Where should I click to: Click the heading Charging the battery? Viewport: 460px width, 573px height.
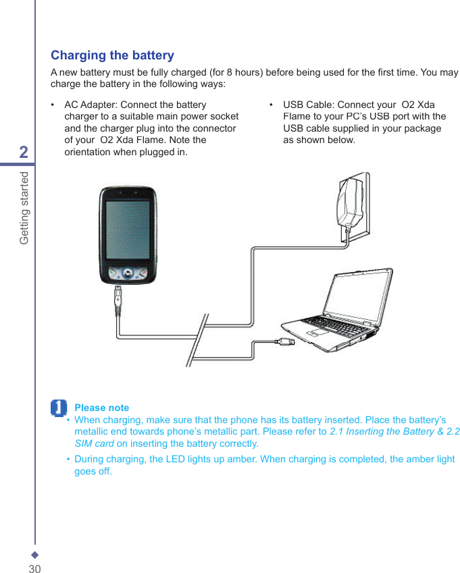[x=112, y=55]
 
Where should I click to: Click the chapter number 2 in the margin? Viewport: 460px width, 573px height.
[x=24, y=153]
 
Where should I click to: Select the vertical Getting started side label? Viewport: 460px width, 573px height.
[x=24, y=208]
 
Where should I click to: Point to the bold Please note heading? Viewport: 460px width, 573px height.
[x=101, y=408]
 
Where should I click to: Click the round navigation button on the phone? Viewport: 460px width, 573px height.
[x=128, y=274]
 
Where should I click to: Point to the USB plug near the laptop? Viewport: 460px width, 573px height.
[x=286, y=343]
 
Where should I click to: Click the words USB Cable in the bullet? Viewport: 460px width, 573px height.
[x=307, y=105]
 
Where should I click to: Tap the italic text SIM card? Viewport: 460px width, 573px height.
[x=94, y=443]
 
